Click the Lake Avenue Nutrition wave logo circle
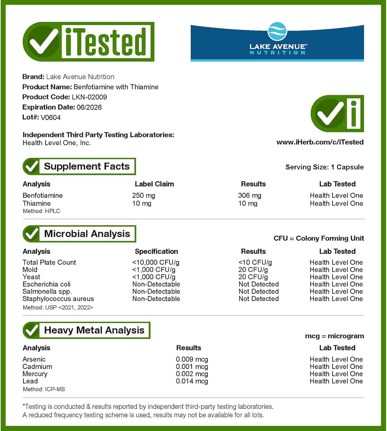click(277, 31)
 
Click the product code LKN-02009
click(89, 97)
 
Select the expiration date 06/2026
click(89, 107)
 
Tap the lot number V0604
click(51, 118)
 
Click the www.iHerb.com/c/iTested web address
click(320, 142)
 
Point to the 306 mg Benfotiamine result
click(250, 195)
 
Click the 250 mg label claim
click(143, 195)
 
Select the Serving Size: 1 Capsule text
click(324, 167)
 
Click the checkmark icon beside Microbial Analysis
click(31, 234)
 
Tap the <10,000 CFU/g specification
click(156, 262)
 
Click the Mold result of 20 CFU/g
click(253, 270)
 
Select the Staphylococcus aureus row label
click(58, 299)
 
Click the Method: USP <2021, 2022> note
click(58, 307)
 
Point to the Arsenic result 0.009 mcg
click(192, 359)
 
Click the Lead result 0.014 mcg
click(192, 381)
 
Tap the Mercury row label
click(35, 374)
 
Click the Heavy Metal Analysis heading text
click(94, 330)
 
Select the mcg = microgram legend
click(334, 336)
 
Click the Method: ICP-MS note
click(44, 389)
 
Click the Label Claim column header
click(154, 184)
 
